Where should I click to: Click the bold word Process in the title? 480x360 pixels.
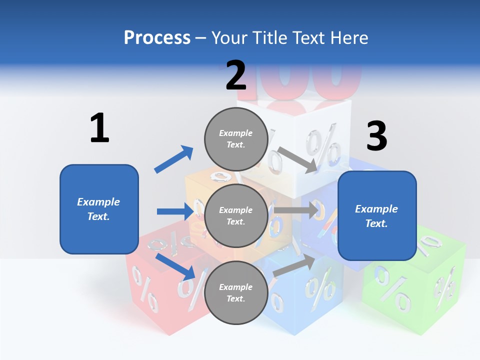(x=157, y=38)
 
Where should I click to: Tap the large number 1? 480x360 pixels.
(x=99, y=128)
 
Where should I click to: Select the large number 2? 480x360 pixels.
(x=236, y=75)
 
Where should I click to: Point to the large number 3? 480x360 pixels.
(x=376, y=136)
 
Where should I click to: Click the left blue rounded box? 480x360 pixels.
(x=99, y=209)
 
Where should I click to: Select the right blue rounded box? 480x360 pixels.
(x=377, y=215)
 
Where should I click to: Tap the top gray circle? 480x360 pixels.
(x=236, y=139)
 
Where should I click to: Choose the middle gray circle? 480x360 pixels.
(x=236, y=215)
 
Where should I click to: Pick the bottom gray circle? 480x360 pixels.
(x=236, y=292)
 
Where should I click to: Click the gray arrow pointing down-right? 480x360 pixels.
(x=298, y=160)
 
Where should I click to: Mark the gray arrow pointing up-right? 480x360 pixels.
(x=294, y=265)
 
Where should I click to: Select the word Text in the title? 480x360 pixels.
(x=309, y=38)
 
